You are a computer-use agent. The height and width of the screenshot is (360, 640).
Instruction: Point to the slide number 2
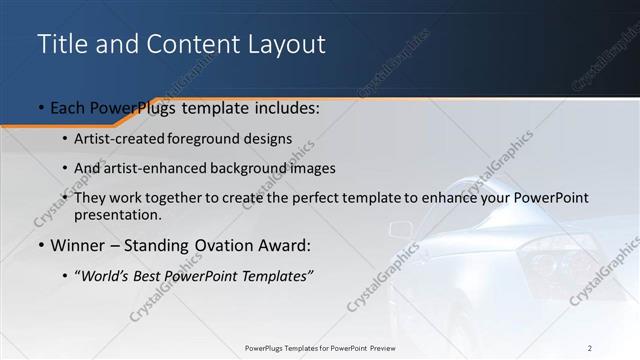[x=590, y=348]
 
